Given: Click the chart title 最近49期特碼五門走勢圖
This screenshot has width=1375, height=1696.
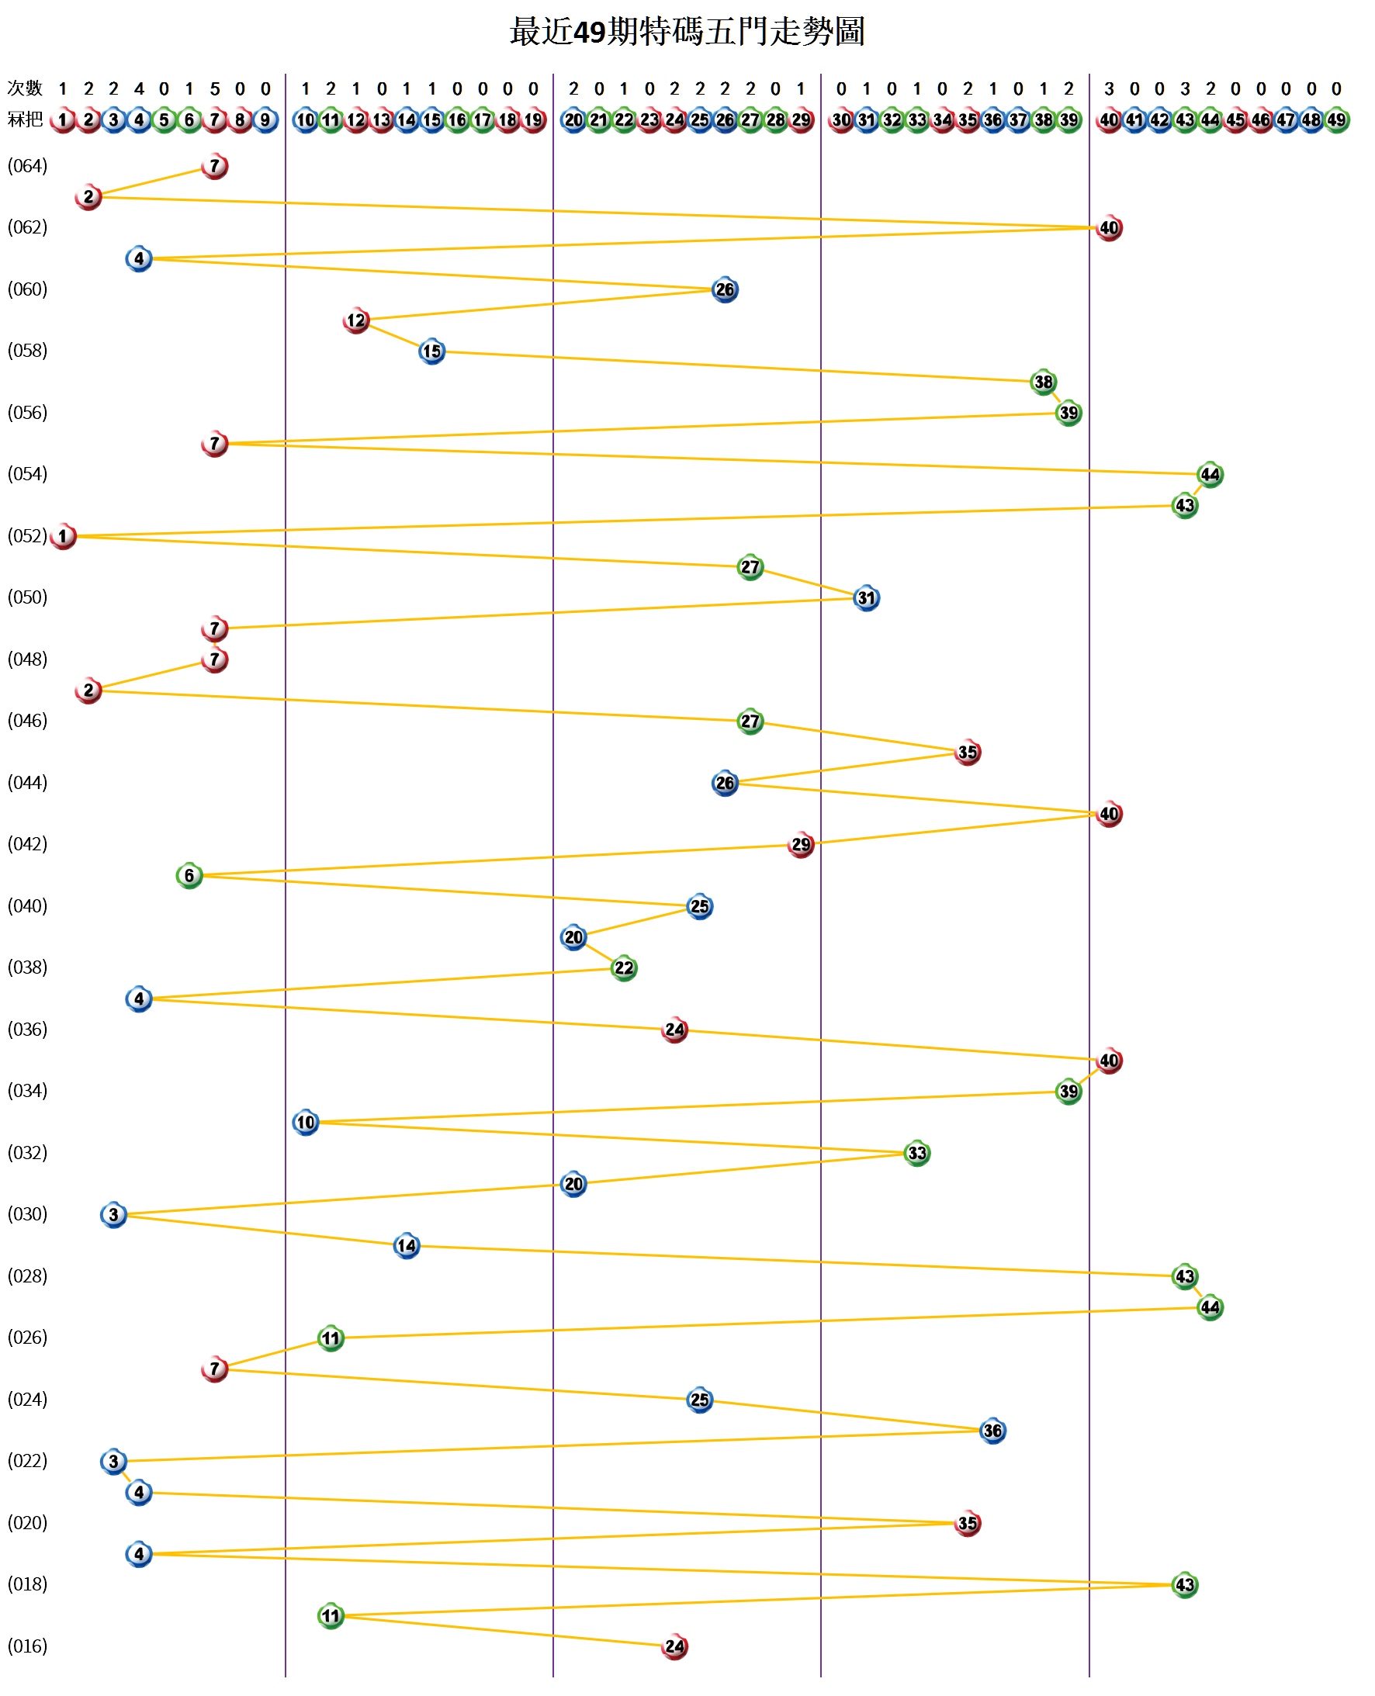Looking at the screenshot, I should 687,32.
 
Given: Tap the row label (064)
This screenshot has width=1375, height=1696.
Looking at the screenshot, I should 28,166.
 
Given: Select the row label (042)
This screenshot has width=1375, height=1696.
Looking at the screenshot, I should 28,844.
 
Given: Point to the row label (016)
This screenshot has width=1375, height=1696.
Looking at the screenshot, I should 28,1646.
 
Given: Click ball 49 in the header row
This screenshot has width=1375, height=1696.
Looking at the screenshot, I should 1336,120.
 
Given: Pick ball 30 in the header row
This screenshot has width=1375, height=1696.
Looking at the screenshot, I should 841,120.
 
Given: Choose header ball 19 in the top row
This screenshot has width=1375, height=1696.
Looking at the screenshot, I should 533,120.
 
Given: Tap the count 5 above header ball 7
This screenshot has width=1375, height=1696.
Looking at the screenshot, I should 215,88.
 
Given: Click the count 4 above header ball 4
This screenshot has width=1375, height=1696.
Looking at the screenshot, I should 139,88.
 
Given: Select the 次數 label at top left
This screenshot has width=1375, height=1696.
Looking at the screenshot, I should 25,88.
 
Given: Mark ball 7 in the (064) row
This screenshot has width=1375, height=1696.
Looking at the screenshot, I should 215,166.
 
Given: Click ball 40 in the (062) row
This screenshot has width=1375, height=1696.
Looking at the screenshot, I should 1109,228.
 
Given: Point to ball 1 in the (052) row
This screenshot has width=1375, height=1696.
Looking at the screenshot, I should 64,537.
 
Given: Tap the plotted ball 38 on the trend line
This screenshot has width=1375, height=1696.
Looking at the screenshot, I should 1043,382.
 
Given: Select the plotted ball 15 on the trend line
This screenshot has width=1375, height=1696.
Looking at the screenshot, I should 431,351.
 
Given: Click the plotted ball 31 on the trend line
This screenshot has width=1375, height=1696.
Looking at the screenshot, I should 867,599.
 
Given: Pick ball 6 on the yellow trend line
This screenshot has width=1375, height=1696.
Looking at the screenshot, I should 189,876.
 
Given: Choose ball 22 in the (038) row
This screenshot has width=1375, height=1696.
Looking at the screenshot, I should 624,968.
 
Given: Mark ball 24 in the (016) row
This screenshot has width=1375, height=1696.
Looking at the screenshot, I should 675,1647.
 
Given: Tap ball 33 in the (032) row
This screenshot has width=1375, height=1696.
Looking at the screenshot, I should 917,1154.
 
